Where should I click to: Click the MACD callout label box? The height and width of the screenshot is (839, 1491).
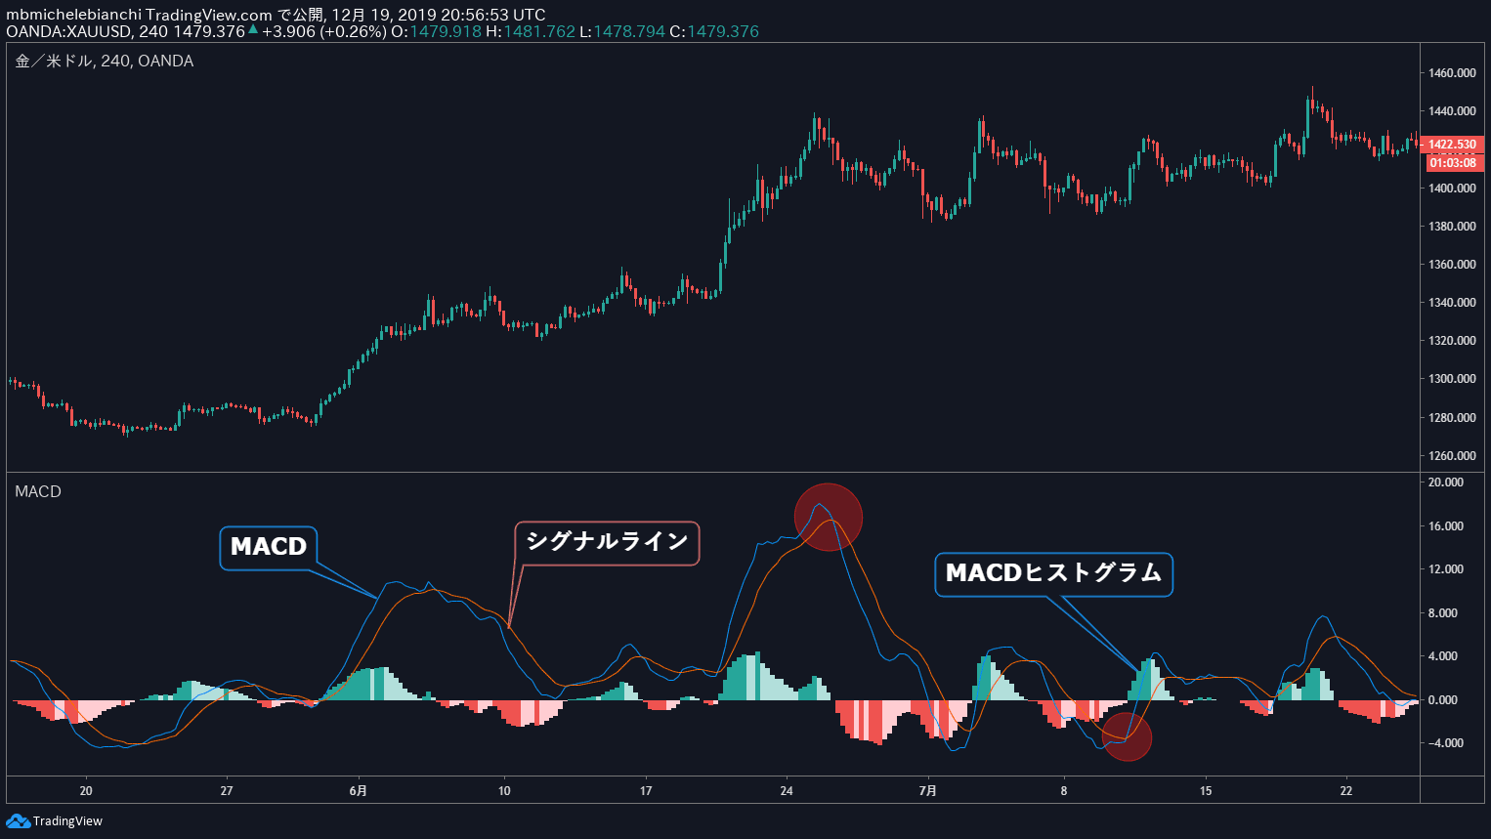(269, 547)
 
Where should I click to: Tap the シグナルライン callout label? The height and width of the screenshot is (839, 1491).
(607, 542)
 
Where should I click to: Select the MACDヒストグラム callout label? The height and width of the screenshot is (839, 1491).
(1053, 573)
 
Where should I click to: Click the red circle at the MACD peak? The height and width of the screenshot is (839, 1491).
(829, 517)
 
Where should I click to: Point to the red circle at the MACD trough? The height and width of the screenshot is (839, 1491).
(1127, 736)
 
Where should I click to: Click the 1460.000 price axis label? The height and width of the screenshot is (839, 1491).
(1452, 73)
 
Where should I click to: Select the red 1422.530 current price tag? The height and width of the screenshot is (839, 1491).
(1453, 145)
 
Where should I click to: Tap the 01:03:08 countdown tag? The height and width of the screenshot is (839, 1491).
(1453, 162)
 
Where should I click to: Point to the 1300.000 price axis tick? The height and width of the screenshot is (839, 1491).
(1452, 379)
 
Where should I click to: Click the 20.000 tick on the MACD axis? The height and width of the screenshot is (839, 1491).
(1446, 482)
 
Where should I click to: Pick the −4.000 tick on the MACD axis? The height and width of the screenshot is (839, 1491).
(1446, 743)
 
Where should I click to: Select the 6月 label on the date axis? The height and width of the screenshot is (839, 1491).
(359, 791)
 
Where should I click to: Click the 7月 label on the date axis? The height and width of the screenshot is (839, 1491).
(928, 791)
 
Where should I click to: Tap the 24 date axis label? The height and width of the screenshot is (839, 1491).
(787, 791)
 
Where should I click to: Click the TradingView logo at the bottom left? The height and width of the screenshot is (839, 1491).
(55, 821)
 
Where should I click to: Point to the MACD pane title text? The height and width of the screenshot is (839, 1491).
(38, 491)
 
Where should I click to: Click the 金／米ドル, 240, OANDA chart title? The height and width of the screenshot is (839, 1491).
(105, 62)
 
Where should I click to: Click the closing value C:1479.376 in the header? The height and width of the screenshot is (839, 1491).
(714, 31)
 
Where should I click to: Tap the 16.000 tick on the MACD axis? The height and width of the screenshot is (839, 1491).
(1446, 526)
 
